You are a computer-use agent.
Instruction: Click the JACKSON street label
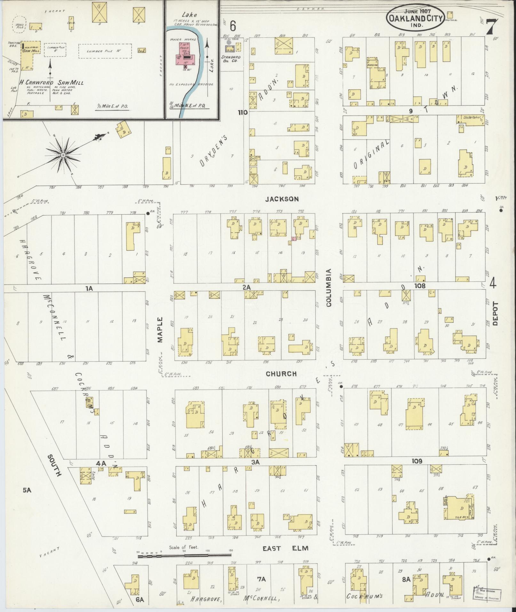[x=282, y=199]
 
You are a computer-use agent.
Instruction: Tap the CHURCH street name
[x=281, y=374]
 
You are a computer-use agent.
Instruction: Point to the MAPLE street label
[x=160, y=330]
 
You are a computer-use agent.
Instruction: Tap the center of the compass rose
[x=63, y=155]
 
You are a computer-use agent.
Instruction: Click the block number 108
[x=420, y=286]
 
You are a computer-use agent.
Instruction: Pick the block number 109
[x=417, y=461]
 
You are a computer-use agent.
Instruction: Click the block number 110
[x=242, y=112]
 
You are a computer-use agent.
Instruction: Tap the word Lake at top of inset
[x=189, y=15]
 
